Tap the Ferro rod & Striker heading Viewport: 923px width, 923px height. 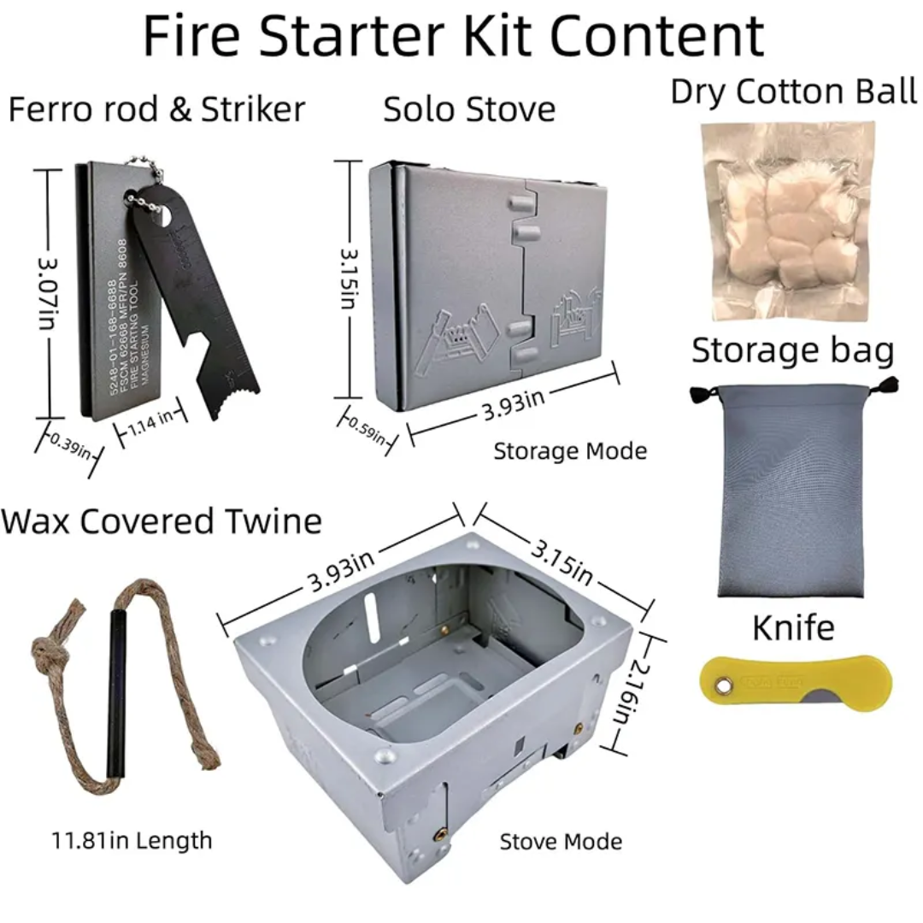coord(156,109)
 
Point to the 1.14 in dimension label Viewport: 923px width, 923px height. coord(151,416)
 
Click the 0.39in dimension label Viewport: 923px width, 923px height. coord(70,446)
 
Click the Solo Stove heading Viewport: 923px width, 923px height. coord(469,109)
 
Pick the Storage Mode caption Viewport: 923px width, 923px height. coord(570,451)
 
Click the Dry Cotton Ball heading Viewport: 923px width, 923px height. coord(793,91)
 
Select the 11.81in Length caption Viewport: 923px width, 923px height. coord(131,840)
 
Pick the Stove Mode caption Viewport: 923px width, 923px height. coord(561,842)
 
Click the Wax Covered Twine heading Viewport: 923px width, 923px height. coord(162,520)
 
